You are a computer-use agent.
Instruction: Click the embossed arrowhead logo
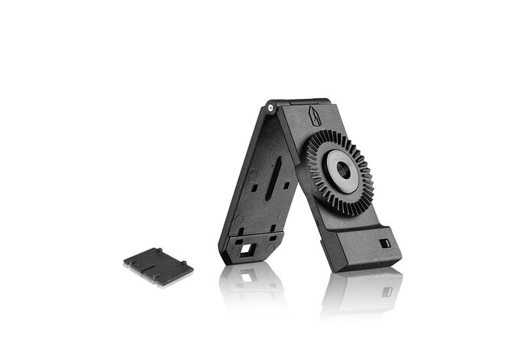(x=315, y=117)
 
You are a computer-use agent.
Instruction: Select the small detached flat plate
(x=159, y=264)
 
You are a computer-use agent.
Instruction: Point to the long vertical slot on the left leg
(x=274, y=177)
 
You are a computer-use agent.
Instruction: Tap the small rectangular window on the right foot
(x=385, y=243)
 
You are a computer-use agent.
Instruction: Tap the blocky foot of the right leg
(x=368, y=248)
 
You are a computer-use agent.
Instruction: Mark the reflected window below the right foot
(x=386, y=292)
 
